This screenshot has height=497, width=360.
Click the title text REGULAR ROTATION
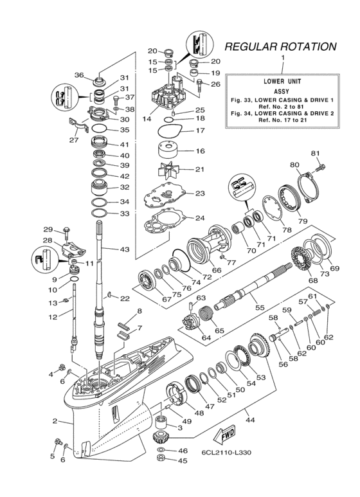click(x=280, y=47)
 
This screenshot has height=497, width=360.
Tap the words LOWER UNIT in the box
click(x=282, y=82)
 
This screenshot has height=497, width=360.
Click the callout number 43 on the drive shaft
click(x=124, y=249)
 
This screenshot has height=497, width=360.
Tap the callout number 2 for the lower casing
click(x=55, y=422)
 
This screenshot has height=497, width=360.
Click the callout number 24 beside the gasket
click(x=200, y=218)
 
